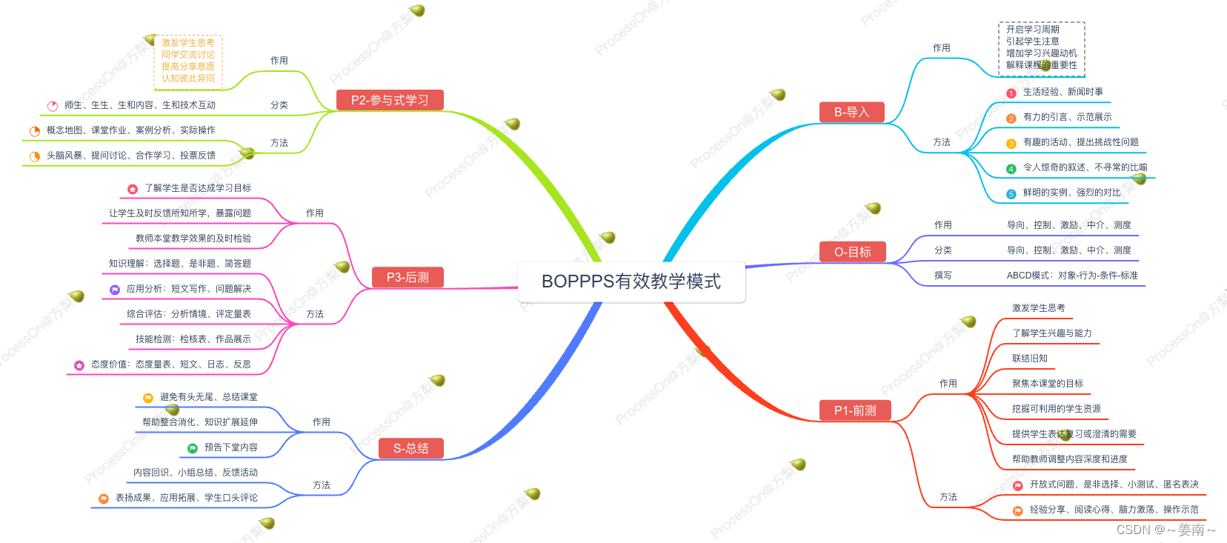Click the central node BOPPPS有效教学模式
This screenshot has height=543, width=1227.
(631, 282)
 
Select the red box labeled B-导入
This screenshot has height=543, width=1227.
(851, 112)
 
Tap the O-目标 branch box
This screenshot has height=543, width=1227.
(852, 252)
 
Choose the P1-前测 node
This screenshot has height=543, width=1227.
(854, 410)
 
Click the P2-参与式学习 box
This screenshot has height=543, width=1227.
(390, 100)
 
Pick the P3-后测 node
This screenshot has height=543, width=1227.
(408, 277)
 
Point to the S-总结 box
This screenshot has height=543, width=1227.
(410, 448)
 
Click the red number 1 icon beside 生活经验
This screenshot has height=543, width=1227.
(1011, 93)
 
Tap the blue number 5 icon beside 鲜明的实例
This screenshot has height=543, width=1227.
(1011, 194)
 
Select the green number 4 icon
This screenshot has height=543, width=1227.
(1011, 169)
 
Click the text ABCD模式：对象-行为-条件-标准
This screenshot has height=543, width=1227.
(1071, 276)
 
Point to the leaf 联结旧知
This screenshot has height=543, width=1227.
(1030, 359)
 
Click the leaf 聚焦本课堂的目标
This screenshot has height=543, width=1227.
(1047, 384)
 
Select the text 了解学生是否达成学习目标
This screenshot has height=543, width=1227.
(198, 188)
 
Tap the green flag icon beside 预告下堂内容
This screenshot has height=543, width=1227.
(193, 448)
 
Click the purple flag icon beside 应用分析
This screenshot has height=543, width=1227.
(115, 290)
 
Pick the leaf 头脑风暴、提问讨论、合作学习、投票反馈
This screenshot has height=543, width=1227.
(131, 156)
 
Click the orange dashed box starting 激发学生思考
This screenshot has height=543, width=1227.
(188, 61)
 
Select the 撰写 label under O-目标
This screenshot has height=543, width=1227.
(942, 276)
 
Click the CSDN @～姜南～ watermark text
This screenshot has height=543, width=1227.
(1166, 530)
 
